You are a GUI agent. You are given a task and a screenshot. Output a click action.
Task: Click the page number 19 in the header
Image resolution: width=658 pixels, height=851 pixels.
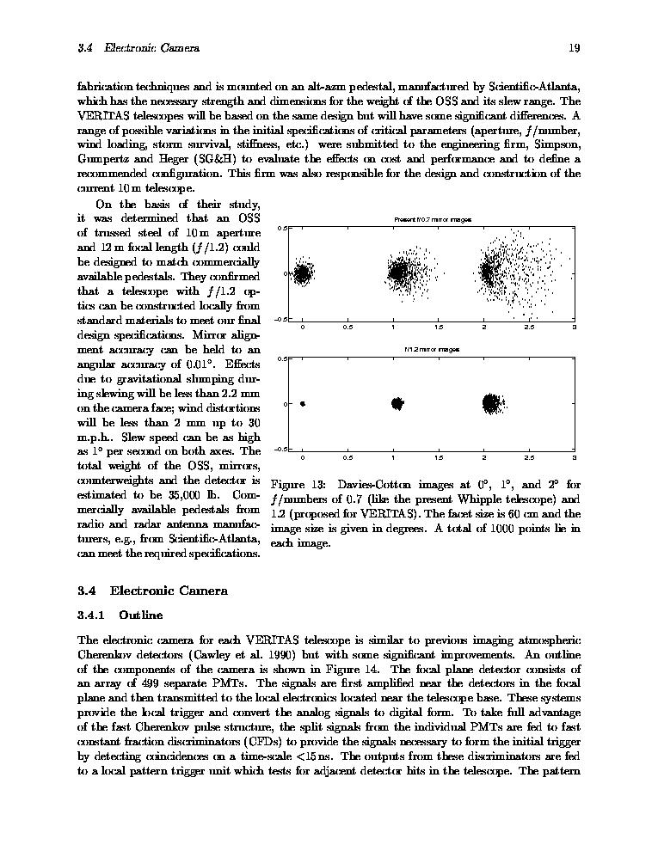[574, 48]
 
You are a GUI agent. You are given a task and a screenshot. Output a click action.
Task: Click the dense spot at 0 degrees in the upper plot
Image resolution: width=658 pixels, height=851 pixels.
[302, 274]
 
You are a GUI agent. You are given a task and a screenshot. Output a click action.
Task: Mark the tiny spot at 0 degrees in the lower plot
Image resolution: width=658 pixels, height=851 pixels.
[302, 403]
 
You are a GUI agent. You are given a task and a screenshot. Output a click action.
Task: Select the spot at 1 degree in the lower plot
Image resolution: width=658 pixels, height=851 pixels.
[397, 403]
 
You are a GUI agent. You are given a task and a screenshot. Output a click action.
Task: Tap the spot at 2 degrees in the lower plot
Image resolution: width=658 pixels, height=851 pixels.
[491, 402]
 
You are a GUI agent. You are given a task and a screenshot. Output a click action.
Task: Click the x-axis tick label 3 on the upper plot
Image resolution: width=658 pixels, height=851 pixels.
[574, 328]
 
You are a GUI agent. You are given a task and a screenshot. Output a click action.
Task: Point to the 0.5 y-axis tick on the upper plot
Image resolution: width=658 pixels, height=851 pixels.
[280, 229]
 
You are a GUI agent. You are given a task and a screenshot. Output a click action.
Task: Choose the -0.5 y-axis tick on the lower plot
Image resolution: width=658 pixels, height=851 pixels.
[279, 450]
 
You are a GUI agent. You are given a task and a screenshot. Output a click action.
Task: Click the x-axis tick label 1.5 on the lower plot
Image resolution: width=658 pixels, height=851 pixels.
[439, 458]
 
